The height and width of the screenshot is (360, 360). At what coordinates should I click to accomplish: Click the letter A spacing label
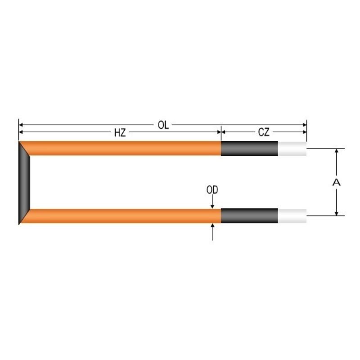[336, 182]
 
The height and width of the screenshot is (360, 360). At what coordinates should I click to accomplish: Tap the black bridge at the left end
[24, 182]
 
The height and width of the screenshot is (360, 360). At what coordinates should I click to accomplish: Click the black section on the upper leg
[249, 148]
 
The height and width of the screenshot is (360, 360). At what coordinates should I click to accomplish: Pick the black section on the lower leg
[249, 216]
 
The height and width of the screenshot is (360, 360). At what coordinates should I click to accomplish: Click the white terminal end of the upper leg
[292, 148]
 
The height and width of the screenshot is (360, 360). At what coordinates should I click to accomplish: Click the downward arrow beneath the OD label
[212, 205]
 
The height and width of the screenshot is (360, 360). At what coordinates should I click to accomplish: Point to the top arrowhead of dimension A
[336, 152]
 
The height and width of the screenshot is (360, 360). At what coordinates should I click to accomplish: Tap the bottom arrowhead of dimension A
[336, 212]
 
